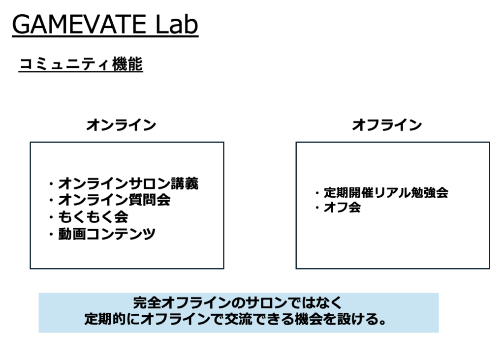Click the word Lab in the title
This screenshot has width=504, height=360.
(177, 25)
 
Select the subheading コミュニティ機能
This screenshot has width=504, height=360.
(81, 64)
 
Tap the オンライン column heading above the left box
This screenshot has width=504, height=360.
(121, 125)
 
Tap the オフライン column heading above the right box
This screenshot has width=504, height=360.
(387, 125)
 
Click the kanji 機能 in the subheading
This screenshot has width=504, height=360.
(127, 64)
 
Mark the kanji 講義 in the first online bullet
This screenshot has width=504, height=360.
(185, 184)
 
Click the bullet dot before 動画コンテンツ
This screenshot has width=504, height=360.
(51, 234)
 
